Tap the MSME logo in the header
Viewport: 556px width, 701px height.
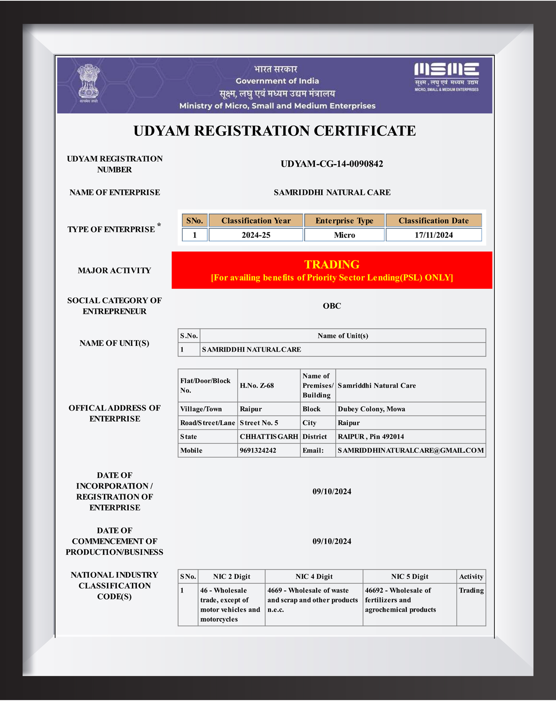pos(446,76)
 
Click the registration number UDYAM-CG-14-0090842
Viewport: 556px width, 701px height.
pos(332,164)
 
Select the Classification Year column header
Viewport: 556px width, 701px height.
pos(256,221)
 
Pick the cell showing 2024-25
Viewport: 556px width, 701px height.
pos(256,235)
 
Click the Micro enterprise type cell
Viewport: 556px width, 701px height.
pos(344,235)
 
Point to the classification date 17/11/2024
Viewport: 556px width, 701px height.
pos(433,235)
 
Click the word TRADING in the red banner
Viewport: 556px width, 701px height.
pos(332,264)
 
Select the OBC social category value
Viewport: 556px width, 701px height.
pos(332,306)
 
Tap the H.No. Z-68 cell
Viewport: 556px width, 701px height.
pos(257,386)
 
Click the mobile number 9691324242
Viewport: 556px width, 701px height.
pos(258,451)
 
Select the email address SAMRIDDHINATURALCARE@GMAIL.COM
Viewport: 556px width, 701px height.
pos(410,451)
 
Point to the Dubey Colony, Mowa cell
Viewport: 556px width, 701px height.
pos(371,409)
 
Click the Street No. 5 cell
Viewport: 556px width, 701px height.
pos(259,423)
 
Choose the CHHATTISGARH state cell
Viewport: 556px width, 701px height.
pos(269,437)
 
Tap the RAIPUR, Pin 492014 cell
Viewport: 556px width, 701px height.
pos(371,437)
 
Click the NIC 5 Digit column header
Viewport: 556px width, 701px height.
pos(409,577)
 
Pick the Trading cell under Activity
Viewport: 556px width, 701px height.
pos(471,591)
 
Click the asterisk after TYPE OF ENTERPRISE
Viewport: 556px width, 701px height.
pos(159,225)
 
